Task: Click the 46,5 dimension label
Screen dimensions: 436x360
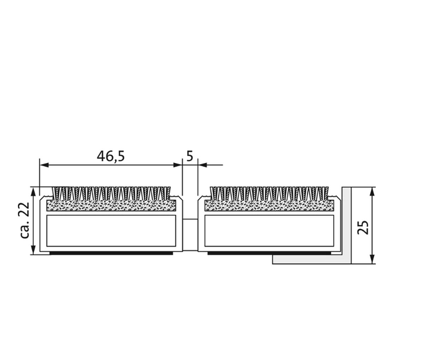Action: click(111, 156)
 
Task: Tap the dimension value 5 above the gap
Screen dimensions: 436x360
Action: click(190, 156)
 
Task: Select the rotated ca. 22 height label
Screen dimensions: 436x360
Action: click(25, 220)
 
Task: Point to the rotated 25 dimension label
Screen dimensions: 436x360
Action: click(363, 227)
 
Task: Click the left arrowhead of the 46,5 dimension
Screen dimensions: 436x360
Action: click(44, 165)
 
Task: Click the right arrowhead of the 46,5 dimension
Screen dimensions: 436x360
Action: click(178, 165)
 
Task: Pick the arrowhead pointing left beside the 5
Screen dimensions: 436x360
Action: click(203, 165)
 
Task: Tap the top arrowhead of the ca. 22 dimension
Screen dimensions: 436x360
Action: click(33, 192)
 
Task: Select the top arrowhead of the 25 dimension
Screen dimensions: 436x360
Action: click(372, 192)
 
